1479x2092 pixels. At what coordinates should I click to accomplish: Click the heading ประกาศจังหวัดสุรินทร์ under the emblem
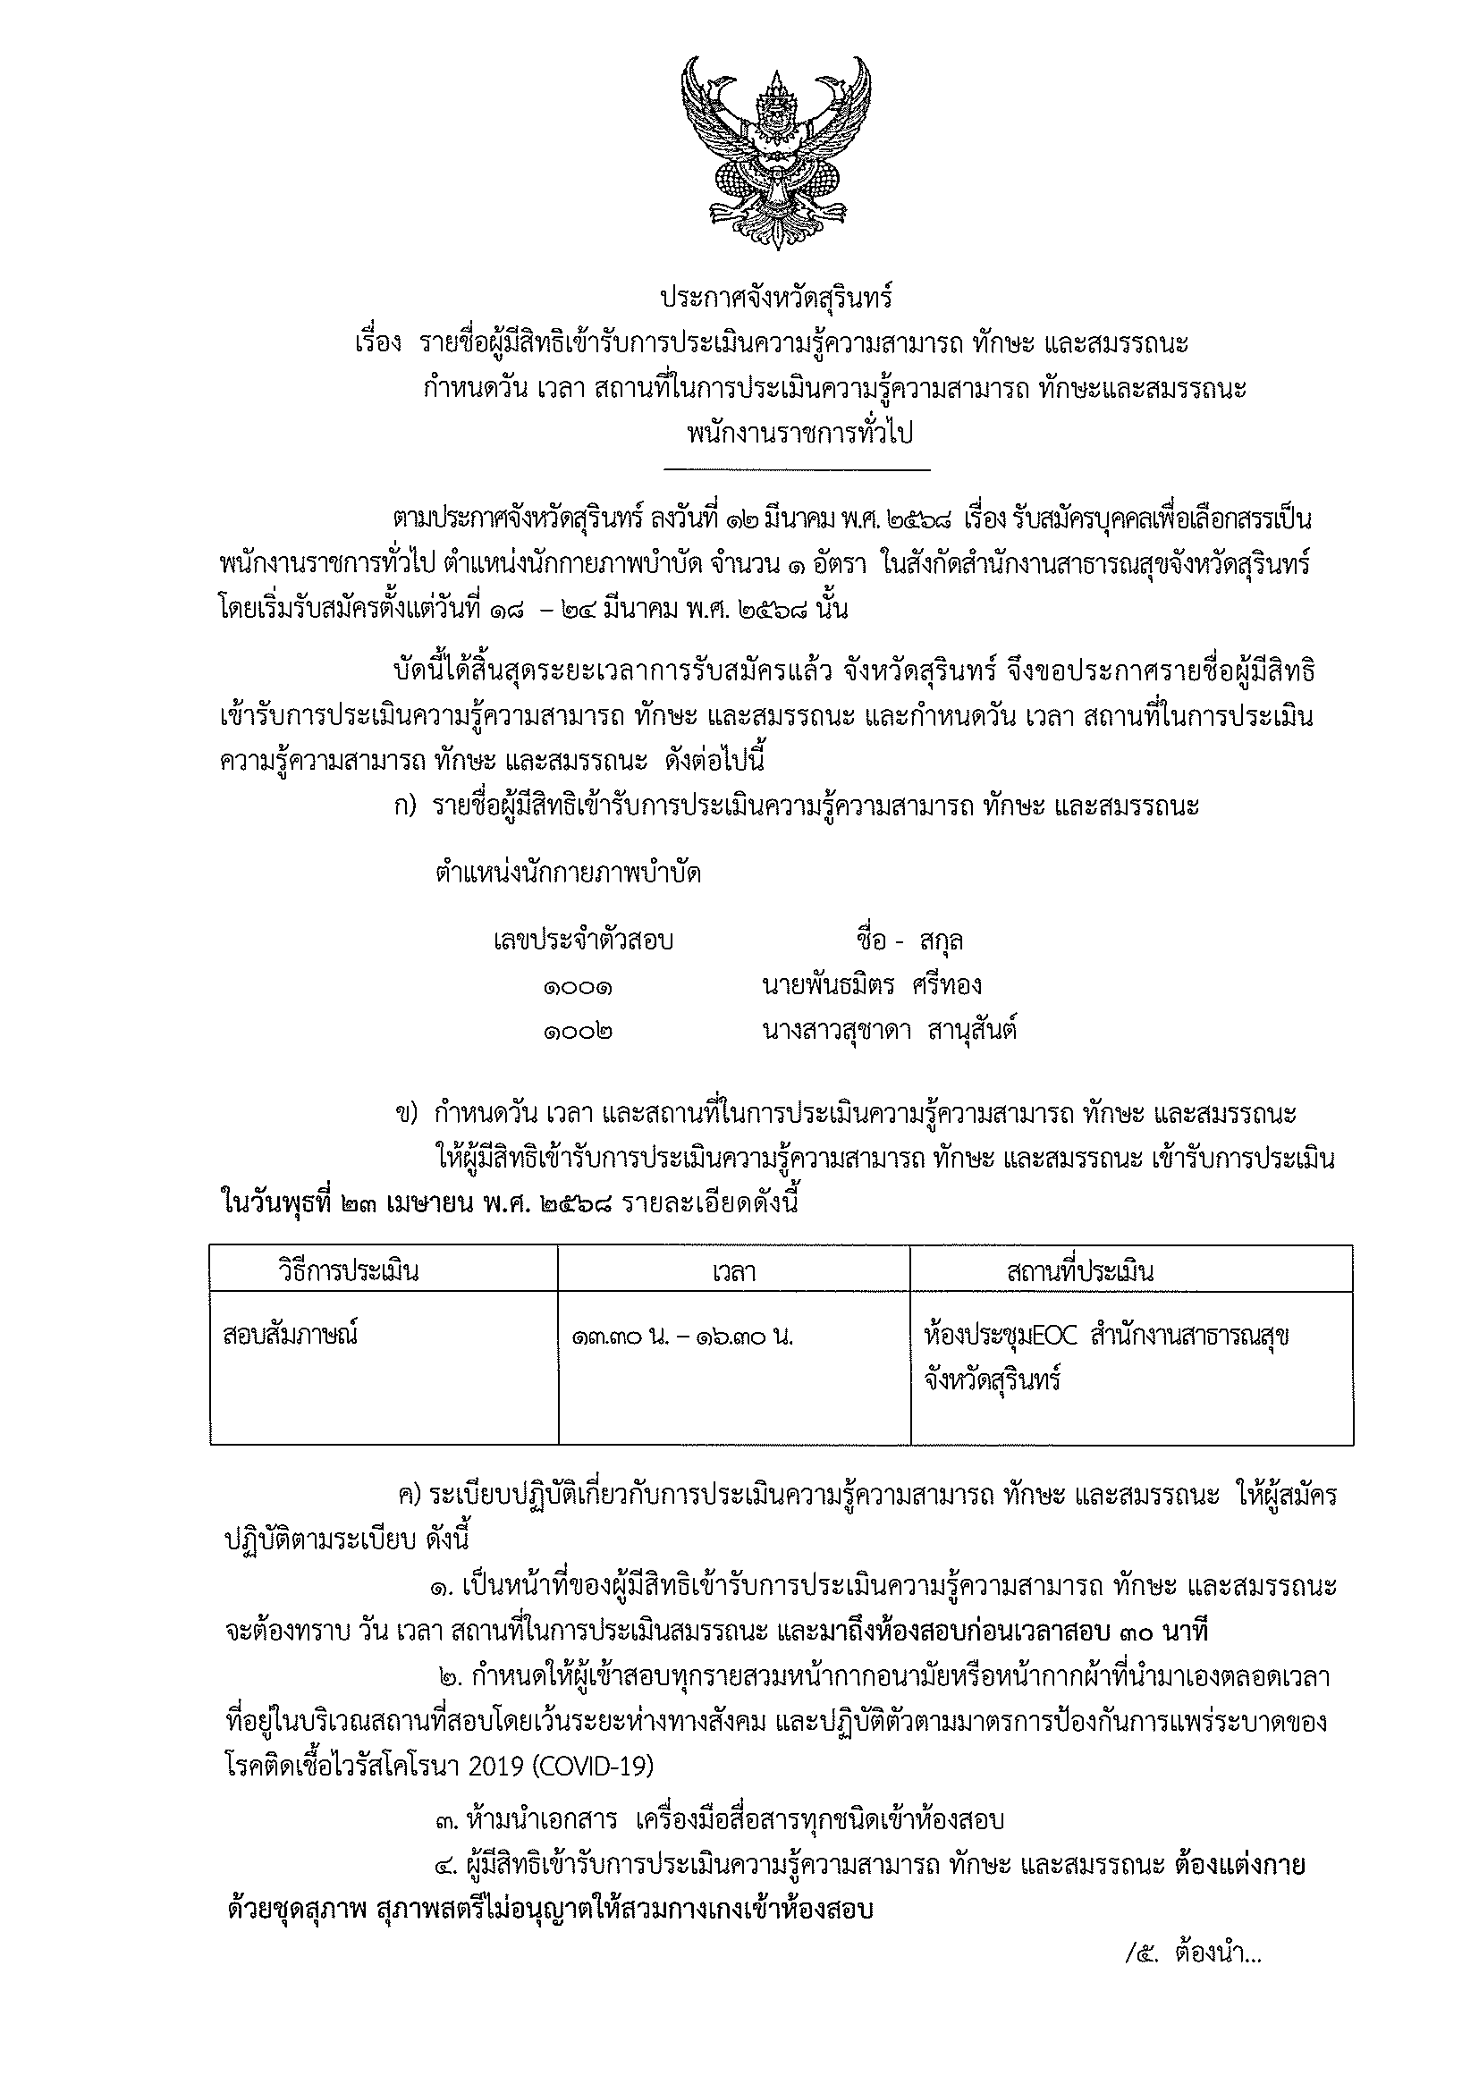pos(776,299)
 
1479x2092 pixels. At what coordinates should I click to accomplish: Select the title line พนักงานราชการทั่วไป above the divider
pos(800,433)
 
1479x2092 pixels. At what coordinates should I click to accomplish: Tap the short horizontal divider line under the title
pos(798,470)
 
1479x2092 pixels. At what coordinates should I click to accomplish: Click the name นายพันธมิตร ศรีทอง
pos(871,985)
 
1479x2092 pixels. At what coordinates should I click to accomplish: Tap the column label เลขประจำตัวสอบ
pos(583,940)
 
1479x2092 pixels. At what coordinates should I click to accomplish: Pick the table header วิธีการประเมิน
pos(348,1270)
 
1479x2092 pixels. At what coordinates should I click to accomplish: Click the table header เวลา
pos(733,1271)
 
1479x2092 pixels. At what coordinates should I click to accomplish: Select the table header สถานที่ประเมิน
pos(1080,1270)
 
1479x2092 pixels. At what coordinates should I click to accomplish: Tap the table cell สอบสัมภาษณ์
pos(290,1336)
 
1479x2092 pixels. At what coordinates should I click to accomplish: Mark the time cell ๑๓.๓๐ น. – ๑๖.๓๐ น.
pos(682,1337)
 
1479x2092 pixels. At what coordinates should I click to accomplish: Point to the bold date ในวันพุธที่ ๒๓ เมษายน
pos(382,1202)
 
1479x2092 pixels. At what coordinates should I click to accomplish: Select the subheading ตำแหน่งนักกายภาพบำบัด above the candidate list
pos(569,873)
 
